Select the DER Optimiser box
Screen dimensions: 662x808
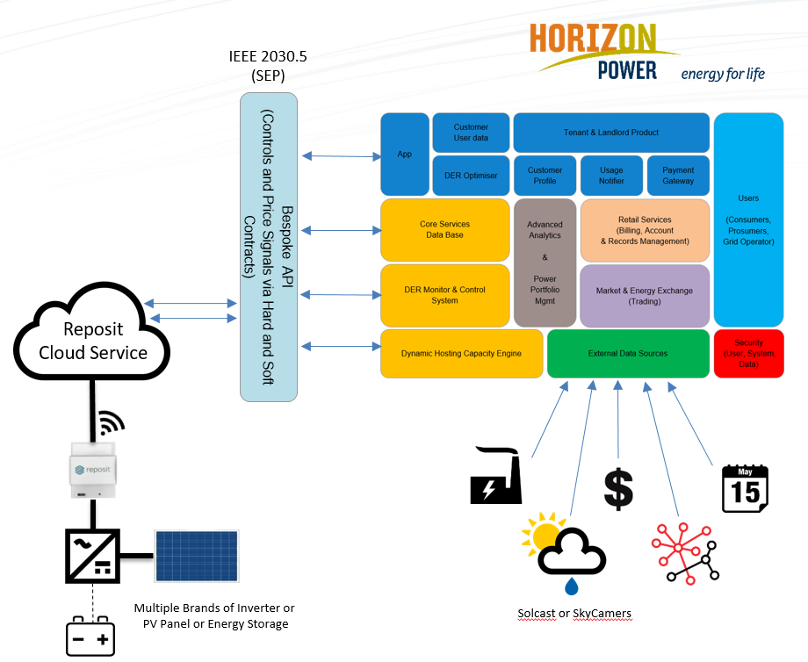tap(471, 176)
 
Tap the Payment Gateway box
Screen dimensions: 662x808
tap(678, 176)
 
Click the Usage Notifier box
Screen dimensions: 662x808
tap(611, 176)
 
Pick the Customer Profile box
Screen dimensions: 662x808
tap(545, 176)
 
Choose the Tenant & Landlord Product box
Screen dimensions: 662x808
tap(611, 133)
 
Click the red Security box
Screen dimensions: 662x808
tap(748, 353)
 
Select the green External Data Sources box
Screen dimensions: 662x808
tap(628, 353)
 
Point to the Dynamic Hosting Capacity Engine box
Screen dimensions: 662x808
tap(461, 353)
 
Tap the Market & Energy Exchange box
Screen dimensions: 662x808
tap(645, 296)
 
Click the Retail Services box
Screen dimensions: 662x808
tap(645, 230)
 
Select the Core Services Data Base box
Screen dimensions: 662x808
tap(444, 230)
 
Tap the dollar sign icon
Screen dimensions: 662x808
tap(618, 489)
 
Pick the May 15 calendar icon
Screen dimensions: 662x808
tap(745, 488)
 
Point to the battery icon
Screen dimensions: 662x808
tap(90, 636)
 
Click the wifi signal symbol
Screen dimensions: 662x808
tap(110, 423)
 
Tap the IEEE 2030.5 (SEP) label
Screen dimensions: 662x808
tap(268, 66)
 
